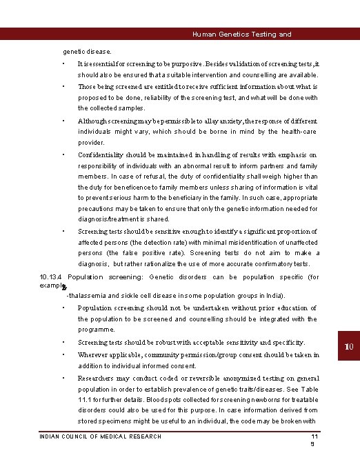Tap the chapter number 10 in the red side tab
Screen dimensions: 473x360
coord(349,345)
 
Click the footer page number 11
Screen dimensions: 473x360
coord(314,437)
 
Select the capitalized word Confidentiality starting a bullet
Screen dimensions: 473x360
coord(101,155)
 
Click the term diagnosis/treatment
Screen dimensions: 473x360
coord(108,219)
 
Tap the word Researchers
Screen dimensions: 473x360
coord(98,379)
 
